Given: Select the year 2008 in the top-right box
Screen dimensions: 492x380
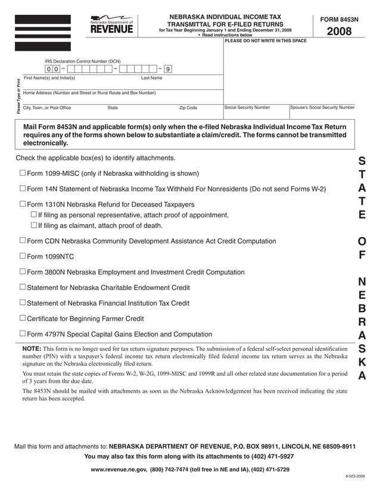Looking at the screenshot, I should click(339, 32).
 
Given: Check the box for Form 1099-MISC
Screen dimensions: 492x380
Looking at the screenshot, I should click(23, 173).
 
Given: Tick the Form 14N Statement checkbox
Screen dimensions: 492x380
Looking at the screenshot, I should click(23, 189).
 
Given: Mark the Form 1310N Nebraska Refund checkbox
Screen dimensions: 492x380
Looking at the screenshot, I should click(23, 204).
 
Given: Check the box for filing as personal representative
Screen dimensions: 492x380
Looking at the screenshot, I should click(33, 214).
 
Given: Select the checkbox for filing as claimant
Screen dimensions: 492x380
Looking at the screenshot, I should click(33, 225).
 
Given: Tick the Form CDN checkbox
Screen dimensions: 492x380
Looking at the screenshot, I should click(23, 241).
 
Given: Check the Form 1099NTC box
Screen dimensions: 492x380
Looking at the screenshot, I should click(23, 257).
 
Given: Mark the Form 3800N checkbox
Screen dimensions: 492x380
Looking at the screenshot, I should click(23, 272).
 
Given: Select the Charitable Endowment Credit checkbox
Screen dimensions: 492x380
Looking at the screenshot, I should click(23, 287).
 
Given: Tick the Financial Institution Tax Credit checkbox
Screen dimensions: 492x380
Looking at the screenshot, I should click(23, 303).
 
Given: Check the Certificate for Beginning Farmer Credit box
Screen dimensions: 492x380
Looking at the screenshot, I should click(23, 319).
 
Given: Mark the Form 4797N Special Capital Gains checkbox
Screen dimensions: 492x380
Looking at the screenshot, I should click(23, 334).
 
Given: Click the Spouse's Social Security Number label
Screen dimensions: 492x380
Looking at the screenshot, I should click(322, 108).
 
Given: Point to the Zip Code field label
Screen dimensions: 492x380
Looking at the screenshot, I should click(188, 108).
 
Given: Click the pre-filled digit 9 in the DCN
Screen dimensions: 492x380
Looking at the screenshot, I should click(169, 70).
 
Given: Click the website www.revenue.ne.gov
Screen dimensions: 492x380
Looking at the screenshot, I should click(119, 470).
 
